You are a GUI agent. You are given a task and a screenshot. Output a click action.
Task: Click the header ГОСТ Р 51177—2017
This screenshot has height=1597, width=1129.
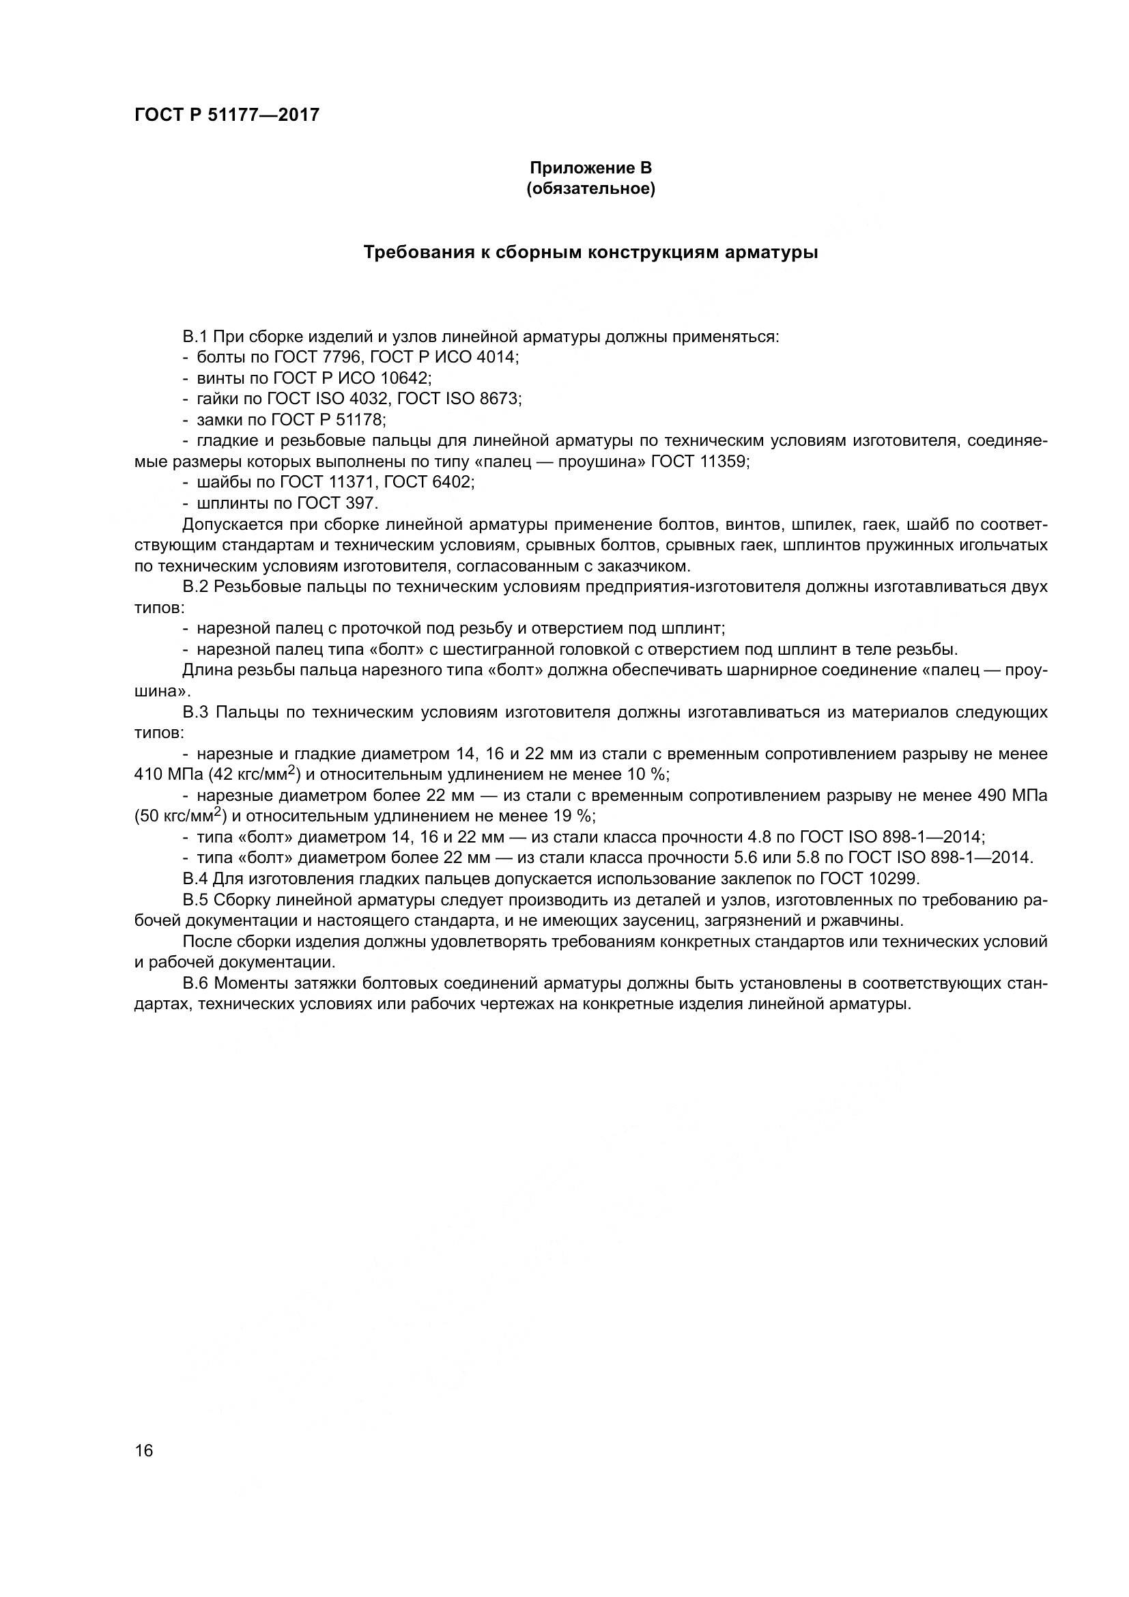[x=227, y=115]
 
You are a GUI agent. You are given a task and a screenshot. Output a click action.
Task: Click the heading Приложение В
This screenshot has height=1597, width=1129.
[x=590, y=168]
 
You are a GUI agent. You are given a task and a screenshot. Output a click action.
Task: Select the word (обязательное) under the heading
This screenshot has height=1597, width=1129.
[x=590, y=189]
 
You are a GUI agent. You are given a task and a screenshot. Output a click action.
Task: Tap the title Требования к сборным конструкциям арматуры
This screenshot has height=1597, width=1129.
[x=591, y=253]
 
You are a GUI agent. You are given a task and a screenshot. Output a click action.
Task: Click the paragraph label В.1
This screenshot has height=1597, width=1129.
[x=195, y=337]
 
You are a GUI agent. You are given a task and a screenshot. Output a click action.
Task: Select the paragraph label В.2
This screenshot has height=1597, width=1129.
[x=195, y=586]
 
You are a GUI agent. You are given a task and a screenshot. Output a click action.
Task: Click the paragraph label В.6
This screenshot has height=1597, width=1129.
[x=195, y=983]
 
